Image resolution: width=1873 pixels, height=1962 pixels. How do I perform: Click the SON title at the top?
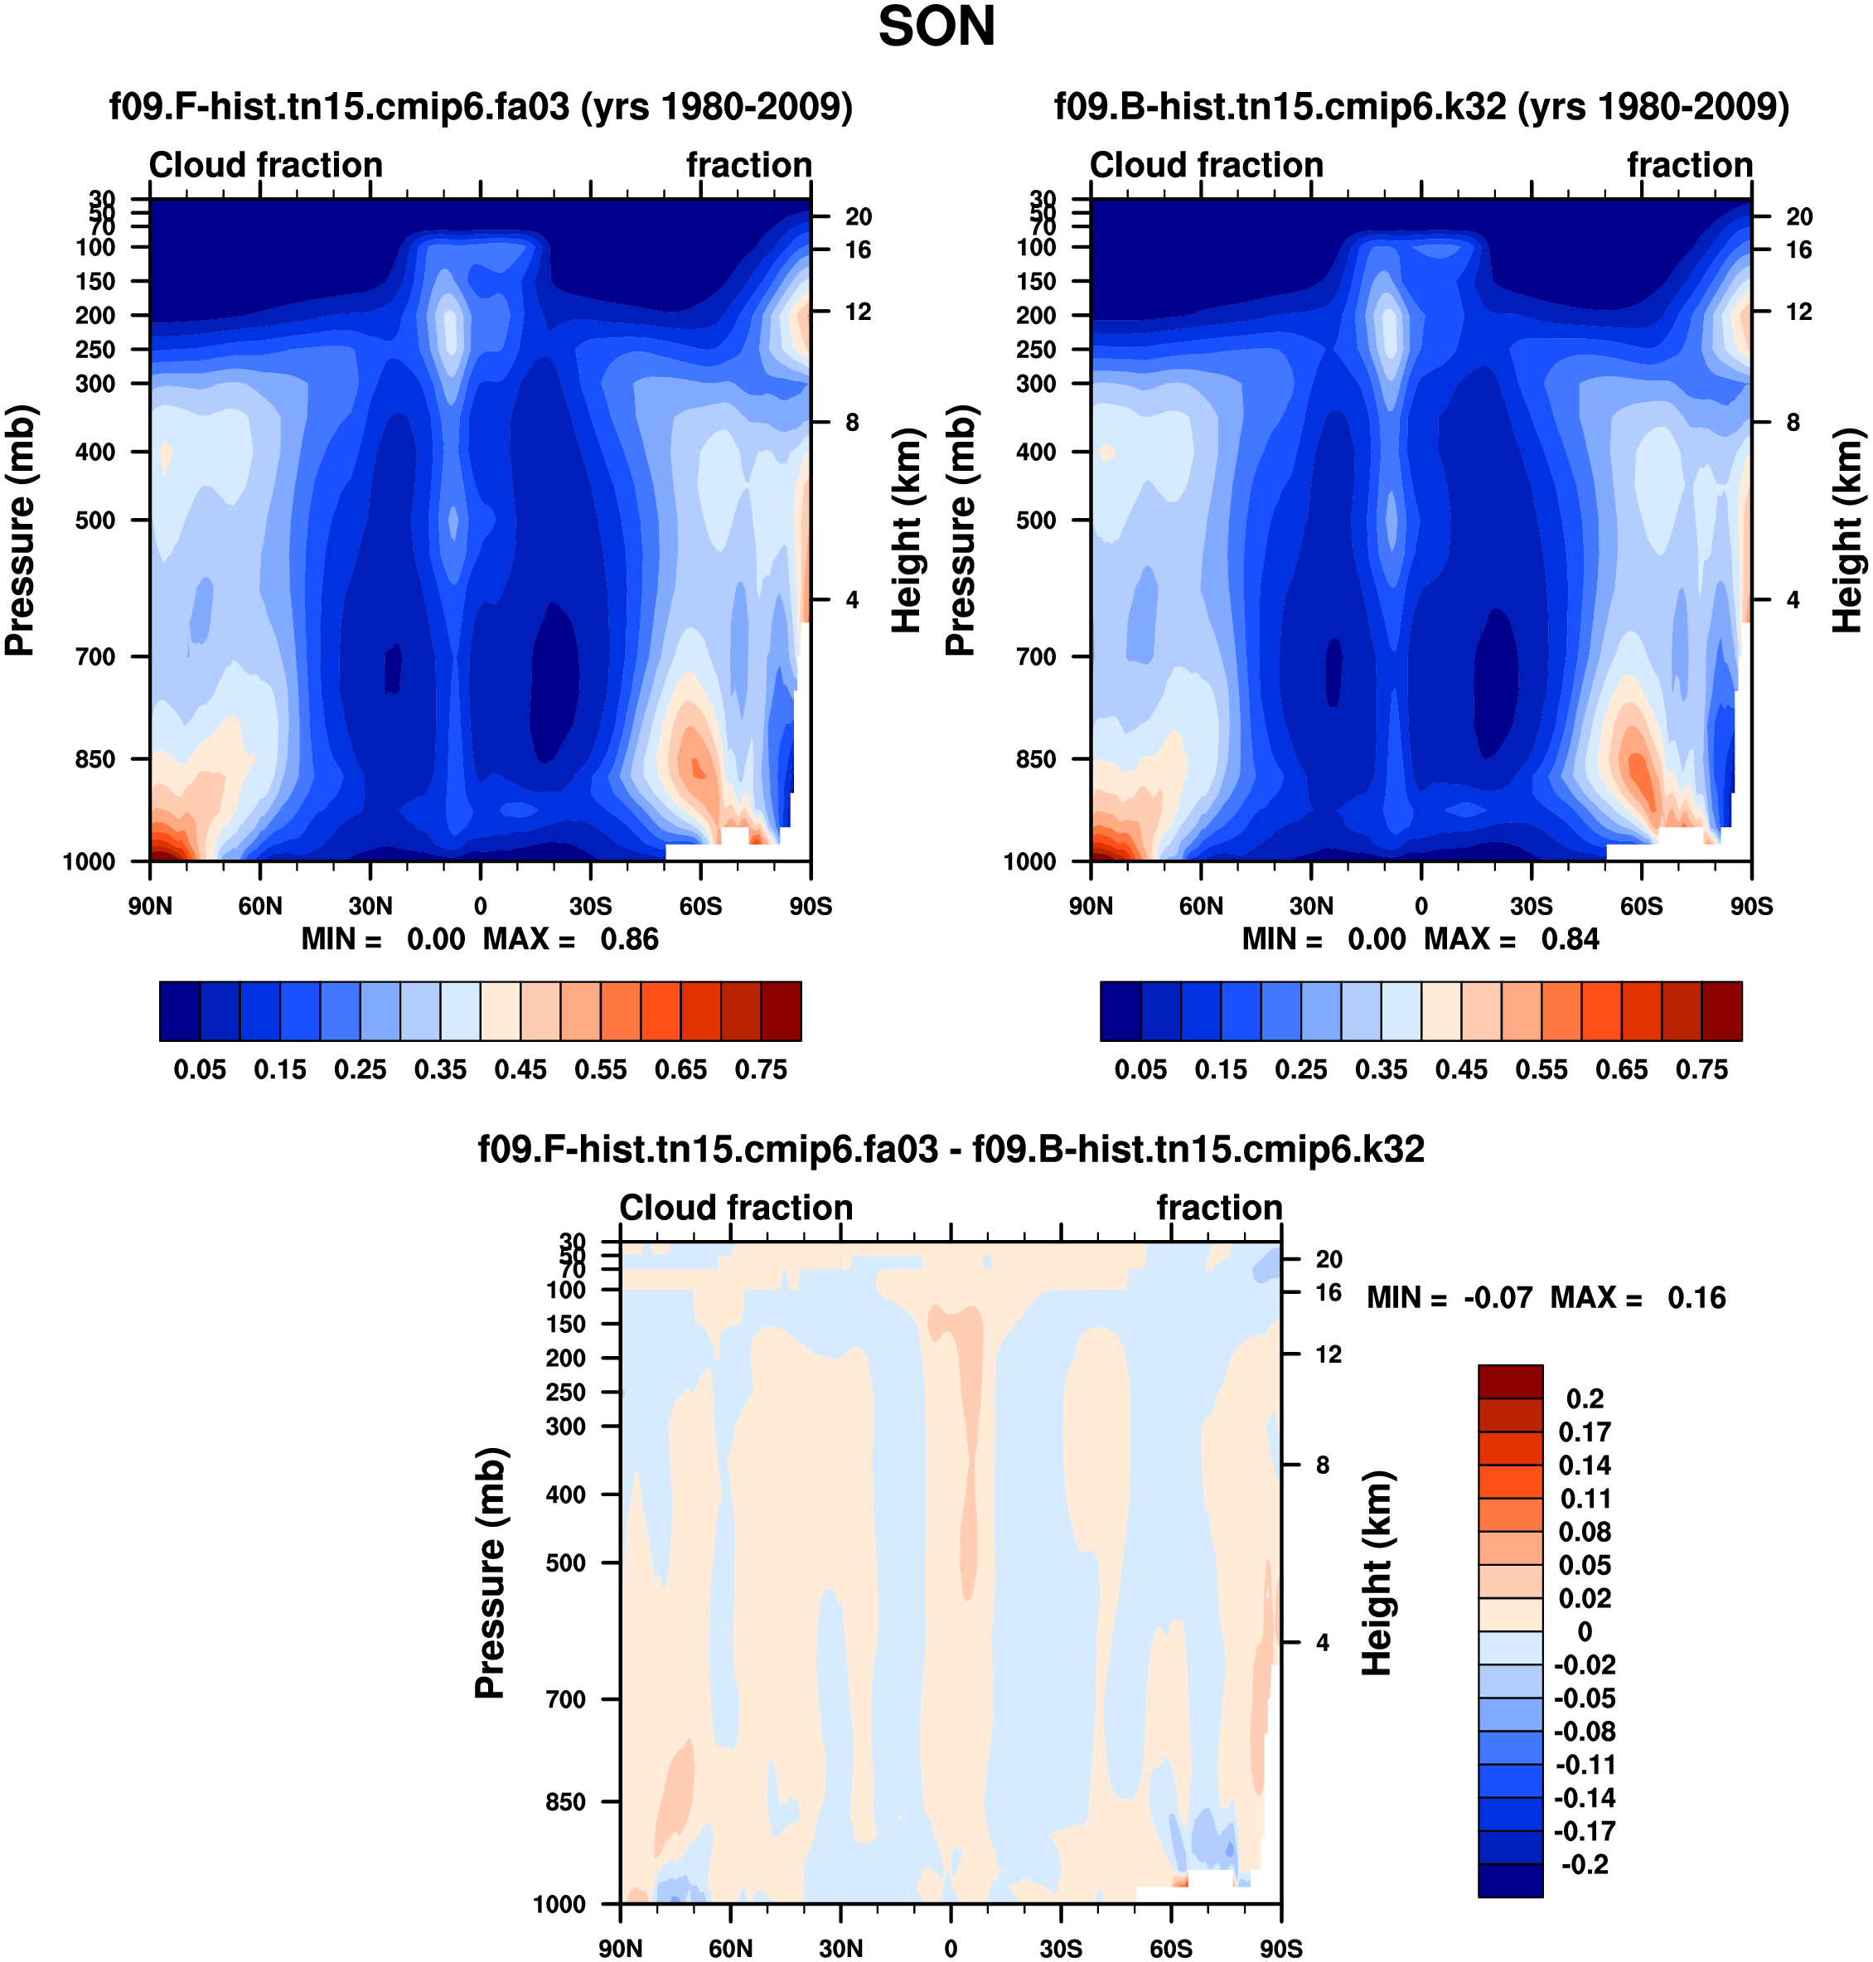[936, 27]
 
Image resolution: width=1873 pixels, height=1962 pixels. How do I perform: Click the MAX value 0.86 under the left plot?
[629, 940]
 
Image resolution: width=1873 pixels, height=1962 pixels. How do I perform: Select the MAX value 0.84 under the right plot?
[1570, 940]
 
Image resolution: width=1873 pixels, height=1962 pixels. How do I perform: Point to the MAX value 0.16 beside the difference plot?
[1696, 1298]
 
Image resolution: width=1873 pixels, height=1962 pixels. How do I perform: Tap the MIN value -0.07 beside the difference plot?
[1498, 1298]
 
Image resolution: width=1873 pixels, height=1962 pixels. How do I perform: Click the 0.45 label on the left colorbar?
[520, 1069]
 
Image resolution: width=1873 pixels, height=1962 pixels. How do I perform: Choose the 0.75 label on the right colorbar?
[1701, 1069]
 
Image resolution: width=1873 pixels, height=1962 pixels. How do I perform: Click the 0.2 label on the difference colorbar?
[1585, 1399]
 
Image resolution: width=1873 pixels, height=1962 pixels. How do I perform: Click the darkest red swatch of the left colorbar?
[781, 1011]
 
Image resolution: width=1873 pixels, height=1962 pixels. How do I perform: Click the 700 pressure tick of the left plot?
[96, 657]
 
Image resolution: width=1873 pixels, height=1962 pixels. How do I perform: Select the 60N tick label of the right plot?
[1201, 907]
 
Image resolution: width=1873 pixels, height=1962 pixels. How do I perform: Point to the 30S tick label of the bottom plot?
[1060, 1949]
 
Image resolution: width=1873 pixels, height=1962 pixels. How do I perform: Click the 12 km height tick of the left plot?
[858, 312]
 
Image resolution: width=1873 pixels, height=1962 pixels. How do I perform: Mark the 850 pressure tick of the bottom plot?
[566, 1802]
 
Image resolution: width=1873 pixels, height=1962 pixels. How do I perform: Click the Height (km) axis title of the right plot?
[1847, 530]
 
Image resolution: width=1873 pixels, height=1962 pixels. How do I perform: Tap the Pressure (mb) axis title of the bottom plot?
[491, 1572]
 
